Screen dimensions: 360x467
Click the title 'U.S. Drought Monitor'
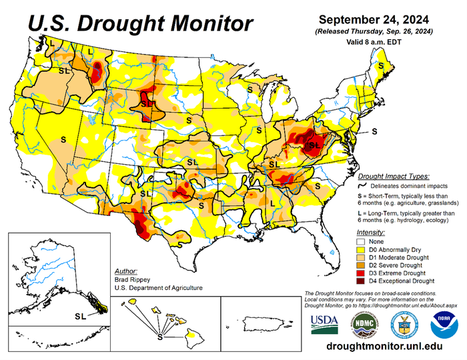tap(131, 24)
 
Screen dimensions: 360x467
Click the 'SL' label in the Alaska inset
tap(81, 315)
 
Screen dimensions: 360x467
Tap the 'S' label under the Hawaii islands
tap(159, 338)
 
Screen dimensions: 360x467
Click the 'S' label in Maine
tap(381, 66)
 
